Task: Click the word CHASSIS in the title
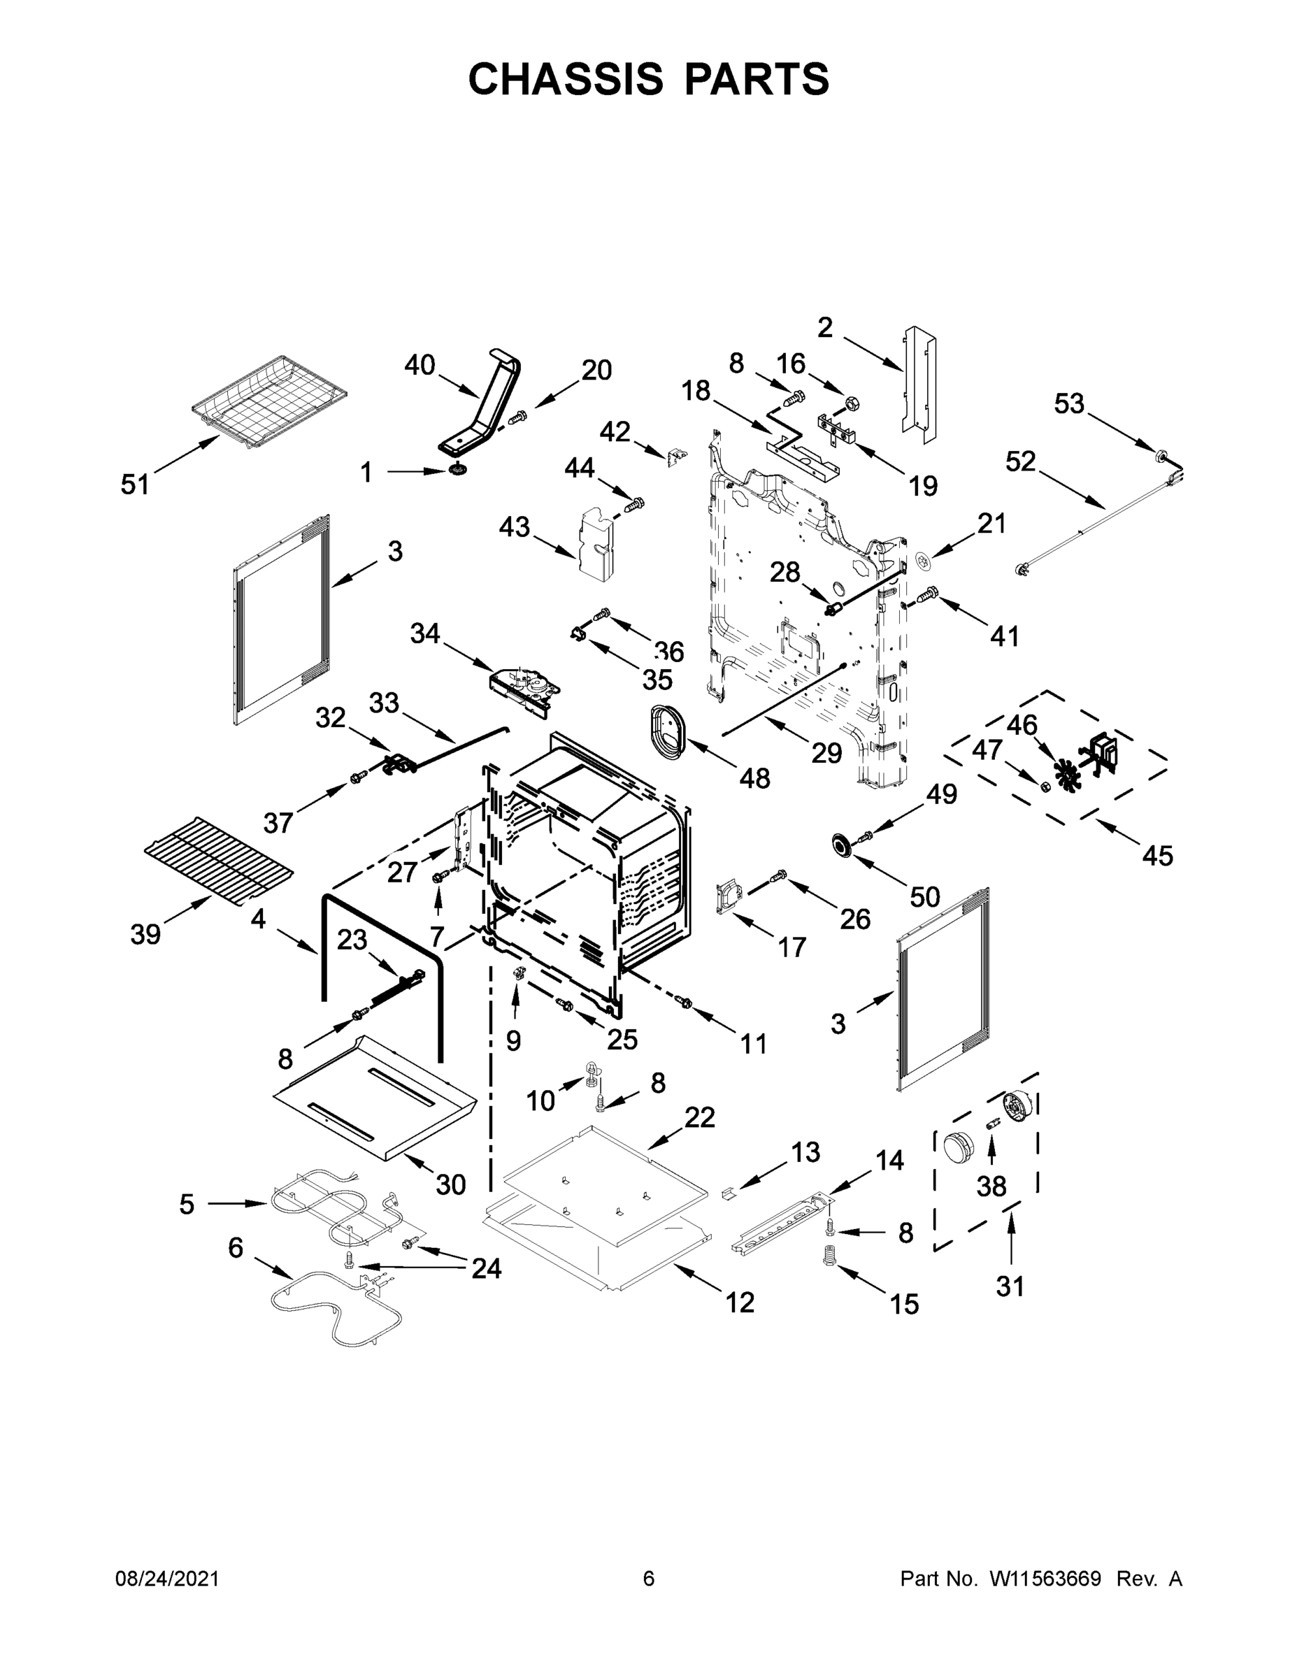(566, 79)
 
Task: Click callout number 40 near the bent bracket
(420, 365)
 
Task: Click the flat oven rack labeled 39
(219, 864)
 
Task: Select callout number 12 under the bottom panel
(740, 1302)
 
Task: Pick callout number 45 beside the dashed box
(1157, 855)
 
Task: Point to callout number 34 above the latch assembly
(425, 634)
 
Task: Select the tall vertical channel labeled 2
(919, 382)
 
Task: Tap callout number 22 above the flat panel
(699, 1117)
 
